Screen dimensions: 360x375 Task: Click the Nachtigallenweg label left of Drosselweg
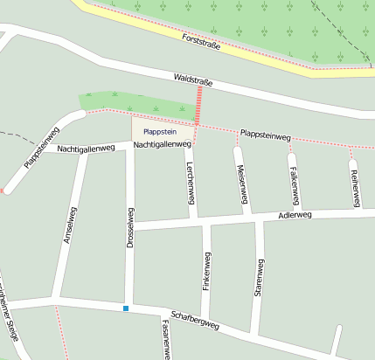[x=86, y=149]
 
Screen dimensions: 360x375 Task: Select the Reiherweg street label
[x=355, y=186]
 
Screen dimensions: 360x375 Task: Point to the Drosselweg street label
[x=130, y=230]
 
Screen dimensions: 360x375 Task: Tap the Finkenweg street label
[x=207, y=271]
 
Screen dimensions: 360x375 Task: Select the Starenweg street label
[x=259, y=279]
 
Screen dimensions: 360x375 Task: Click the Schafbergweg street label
[x=195, y=321]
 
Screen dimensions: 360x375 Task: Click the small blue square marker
[x=126, y=308]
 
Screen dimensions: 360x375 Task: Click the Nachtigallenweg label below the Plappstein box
[x=163, y=143]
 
